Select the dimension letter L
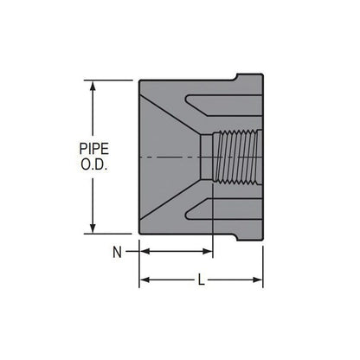(x=202, y=280)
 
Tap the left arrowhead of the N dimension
(x=144, y=252)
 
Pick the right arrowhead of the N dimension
(x=208, y=252)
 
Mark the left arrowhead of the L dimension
(x=144, y=280)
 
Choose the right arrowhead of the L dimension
(x=259, y=280)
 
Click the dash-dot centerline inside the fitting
(x=173, y=157)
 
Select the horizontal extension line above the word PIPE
(x=108, y=80)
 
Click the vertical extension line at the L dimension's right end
(x=263, y=260)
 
